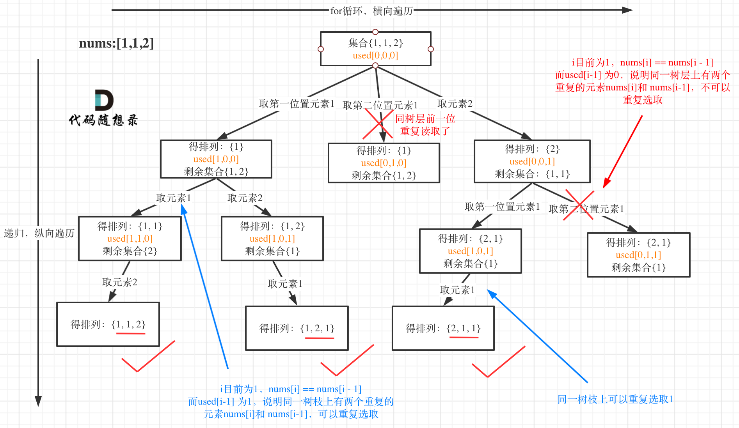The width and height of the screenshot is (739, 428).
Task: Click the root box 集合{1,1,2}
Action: [x=375, y=49]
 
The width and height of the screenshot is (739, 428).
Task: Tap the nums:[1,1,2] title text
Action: [x=116, y=43]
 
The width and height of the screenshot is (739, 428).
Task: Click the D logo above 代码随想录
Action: [x=104, y=100]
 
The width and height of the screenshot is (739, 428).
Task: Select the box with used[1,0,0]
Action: [x=216, y=159]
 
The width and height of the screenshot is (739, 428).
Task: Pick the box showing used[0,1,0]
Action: [x=384, y=163]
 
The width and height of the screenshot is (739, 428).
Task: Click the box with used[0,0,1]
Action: [x=532, y=161]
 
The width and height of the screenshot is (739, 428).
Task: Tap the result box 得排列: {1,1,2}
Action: [x=108, y=324]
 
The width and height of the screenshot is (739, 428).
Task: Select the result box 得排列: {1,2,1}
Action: [x=297, y=328]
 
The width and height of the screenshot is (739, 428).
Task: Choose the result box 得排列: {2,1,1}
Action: [x=443, y=328]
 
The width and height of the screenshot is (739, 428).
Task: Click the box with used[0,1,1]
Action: [x=638, y=255]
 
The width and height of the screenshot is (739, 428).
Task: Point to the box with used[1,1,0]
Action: [x=130, y=239]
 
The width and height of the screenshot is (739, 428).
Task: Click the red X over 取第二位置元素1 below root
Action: [x=378, y=124]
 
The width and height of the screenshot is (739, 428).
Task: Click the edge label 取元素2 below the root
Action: [x=455, y=104]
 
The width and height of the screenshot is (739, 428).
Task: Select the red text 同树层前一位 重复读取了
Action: [x=425, y=125]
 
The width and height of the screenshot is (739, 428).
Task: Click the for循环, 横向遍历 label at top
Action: [x=371, y=11]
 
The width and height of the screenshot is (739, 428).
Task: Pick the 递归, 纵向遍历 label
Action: [x=39, y=233]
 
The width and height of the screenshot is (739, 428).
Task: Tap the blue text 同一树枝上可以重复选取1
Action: [x=615, y=399]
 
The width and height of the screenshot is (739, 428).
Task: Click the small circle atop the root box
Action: [x=375, y=32]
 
